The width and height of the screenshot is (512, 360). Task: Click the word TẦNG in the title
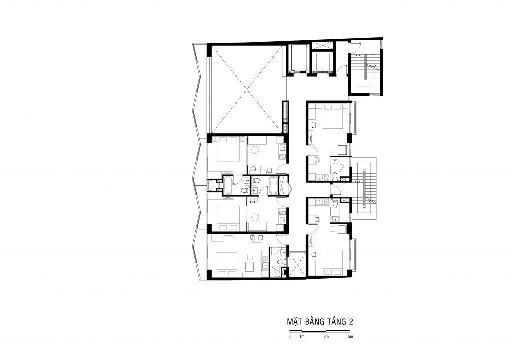click(x=335, y=322)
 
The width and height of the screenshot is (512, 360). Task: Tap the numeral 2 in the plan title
click(x=351, y=322)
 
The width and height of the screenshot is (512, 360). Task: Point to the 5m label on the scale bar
click(x=350, y=337)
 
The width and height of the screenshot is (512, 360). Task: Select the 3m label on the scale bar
click(x=326, y=337)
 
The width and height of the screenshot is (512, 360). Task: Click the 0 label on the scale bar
click(x=289, y=337)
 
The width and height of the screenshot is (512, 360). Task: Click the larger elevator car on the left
click(x=298, y=59)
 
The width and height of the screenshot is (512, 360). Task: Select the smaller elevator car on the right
click(x=322, y=63)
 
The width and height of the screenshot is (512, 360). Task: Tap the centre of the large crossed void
click(x=247, y=89)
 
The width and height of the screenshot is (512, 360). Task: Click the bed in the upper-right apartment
click(x=332, y=117)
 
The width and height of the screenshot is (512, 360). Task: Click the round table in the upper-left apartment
click(x=255, y=150)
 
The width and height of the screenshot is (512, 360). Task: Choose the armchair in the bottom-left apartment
click(x=250, y=266)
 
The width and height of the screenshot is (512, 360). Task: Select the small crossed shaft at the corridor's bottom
click(x=297, y=264)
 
